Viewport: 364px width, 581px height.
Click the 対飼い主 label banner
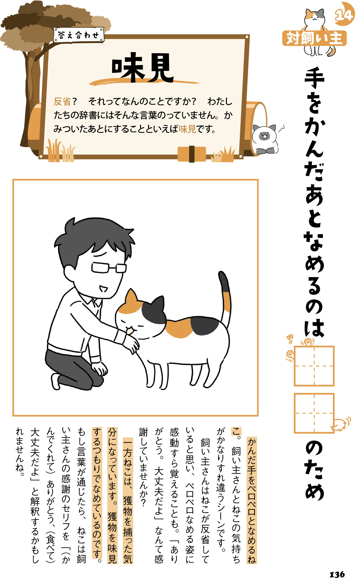[314, 39]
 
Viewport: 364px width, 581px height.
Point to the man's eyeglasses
[108, 267]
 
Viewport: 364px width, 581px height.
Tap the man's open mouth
[103, 289]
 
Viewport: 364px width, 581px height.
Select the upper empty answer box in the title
[314, 366]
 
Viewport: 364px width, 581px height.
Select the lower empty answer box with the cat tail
[314, 413]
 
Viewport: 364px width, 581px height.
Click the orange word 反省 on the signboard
[62, 101]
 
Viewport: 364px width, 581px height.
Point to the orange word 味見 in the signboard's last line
[187, 129]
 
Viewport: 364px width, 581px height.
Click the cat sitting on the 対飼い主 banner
[315, 18]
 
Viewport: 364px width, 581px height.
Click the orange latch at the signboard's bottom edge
[192, 154]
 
